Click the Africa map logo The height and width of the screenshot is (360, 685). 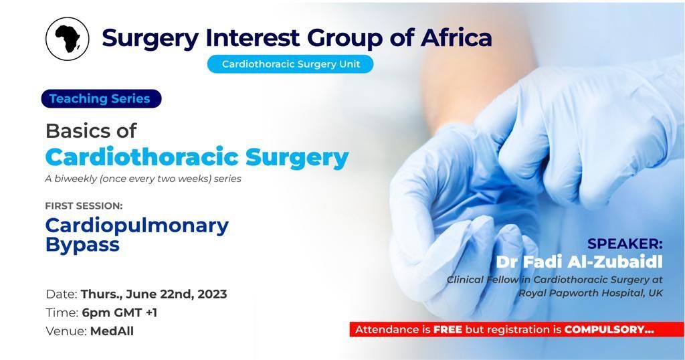[68, 39]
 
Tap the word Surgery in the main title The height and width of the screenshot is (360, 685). [151, 38]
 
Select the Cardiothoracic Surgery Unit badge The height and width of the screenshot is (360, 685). [290, 64]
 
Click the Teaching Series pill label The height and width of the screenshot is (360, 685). [102, 99]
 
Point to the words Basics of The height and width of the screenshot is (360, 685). [91, 130]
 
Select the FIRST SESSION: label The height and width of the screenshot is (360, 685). [84, 205]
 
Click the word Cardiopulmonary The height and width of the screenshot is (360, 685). [136, 226]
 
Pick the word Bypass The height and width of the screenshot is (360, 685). [82, 245]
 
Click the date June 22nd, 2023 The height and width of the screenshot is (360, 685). [177, 294]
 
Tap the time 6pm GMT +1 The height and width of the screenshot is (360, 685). [119, 312]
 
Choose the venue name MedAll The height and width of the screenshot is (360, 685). [112, 331]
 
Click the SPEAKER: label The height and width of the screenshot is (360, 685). [625, 244]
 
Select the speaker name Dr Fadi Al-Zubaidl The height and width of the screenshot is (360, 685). [579, 262]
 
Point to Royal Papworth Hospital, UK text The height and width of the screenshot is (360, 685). [591, 293]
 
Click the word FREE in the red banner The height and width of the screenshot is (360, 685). [448, 329]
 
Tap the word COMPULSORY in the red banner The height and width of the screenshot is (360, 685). [605, 329]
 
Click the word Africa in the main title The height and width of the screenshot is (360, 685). [456, 37]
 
